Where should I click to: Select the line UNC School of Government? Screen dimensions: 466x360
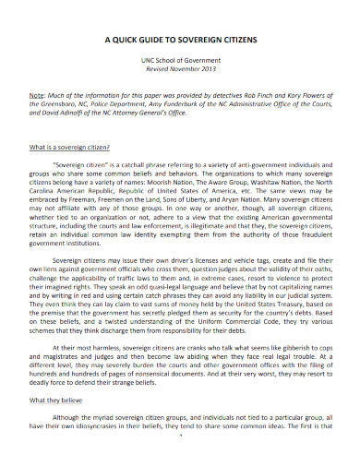(x=180, y=59)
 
